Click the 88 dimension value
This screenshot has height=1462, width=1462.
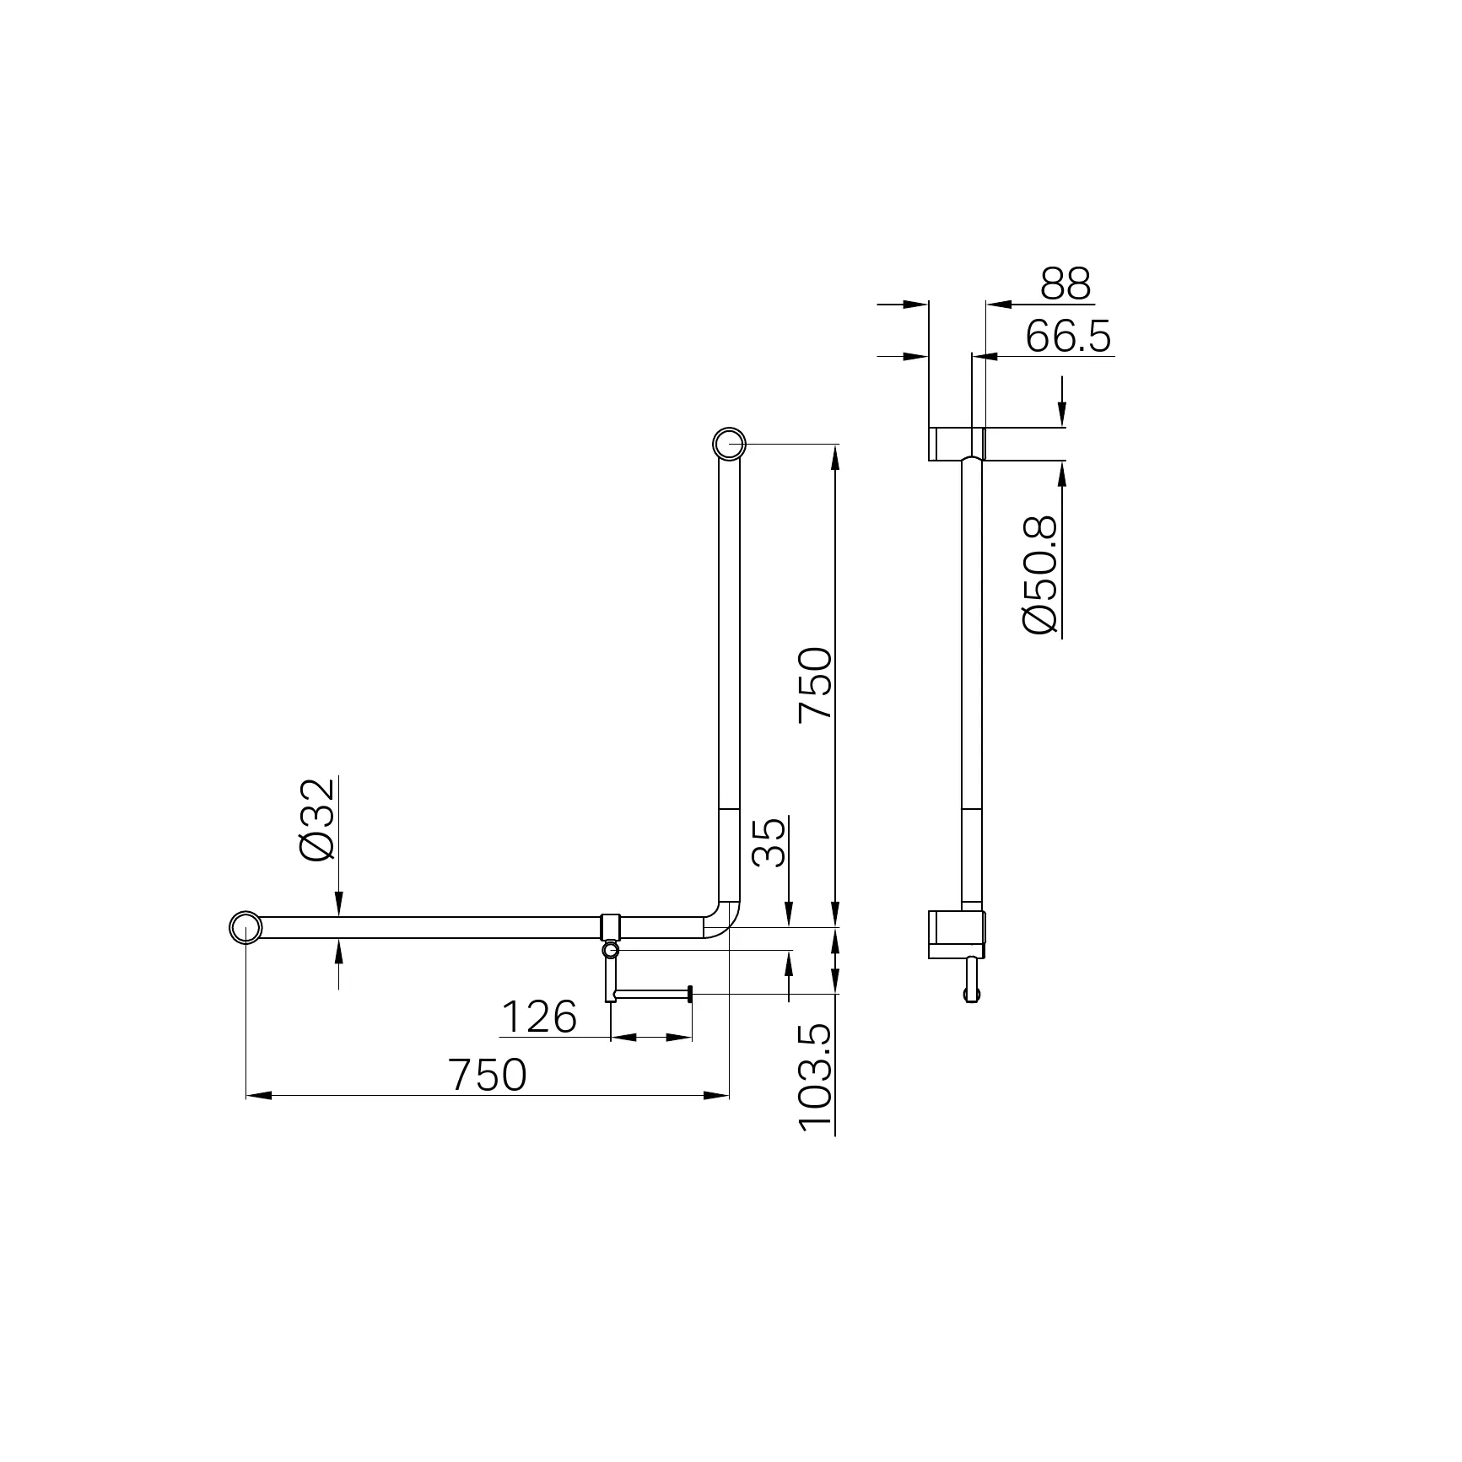[1065, 284]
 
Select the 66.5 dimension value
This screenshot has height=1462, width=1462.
[1069, 337]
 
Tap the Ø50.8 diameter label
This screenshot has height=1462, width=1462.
[1039, 575]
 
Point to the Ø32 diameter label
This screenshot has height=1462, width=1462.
[318, 819]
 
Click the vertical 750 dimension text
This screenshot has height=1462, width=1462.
[816, 683]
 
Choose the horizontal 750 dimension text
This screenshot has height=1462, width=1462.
[488, 1075]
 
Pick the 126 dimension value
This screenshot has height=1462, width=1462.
[539, 1017]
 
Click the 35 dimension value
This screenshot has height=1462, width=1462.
[769, 842]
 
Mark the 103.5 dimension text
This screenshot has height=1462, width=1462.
[816, 1077]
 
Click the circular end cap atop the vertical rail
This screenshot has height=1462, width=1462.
[729, 444]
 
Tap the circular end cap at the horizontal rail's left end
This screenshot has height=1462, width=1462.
[245, 927]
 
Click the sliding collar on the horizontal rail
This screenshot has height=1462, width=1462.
[611, 927]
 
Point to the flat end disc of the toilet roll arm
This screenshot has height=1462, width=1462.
[690, 995]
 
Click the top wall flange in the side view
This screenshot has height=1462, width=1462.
[957, 444]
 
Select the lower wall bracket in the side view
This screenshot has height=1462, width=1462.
[956, 934]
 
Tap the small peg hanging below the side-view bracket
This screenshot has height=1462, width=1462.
[972, 979]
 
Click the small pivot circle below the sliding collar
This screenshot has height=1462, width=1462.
[611, 951]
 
